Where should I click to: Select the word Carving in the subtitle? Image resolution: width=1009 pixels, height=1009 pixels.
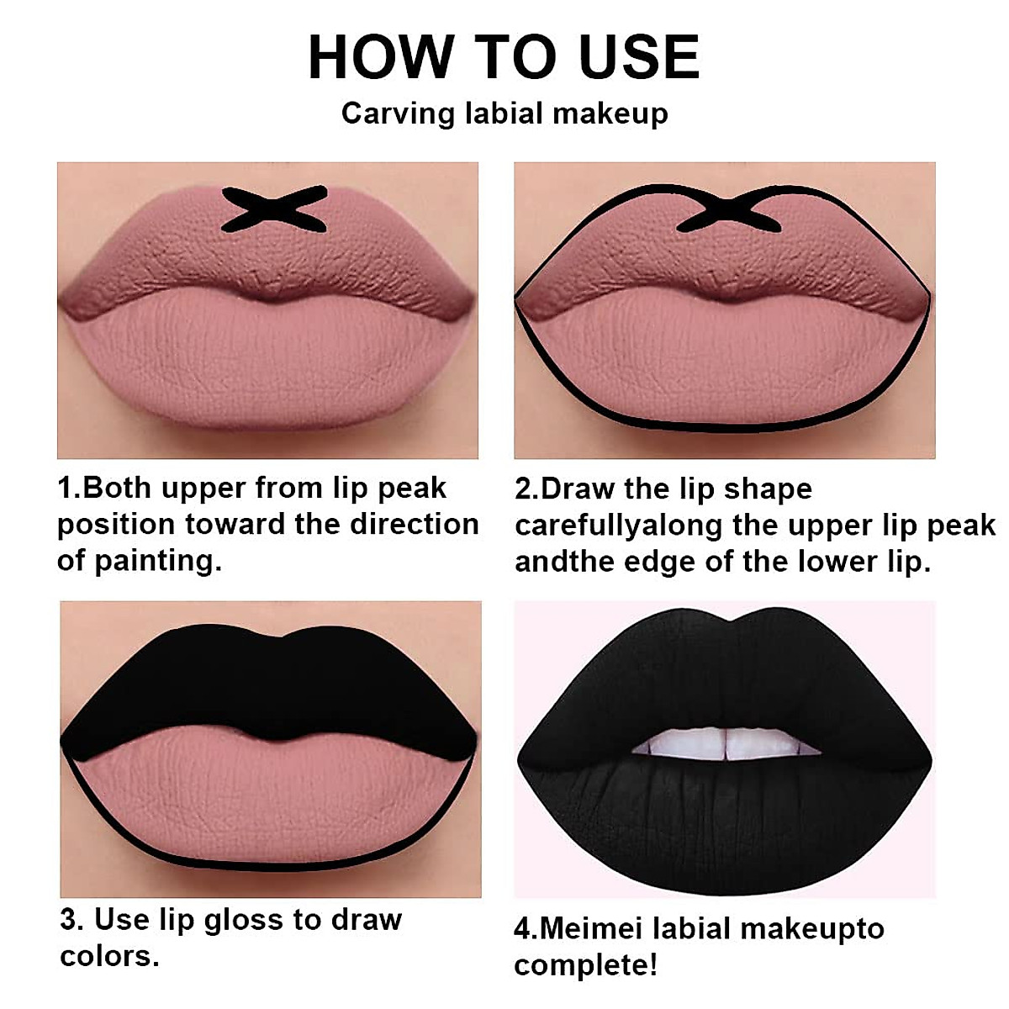click(398, 114)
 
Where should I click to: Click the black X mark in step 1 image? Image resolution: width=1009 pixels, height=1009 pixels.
click(274, 209)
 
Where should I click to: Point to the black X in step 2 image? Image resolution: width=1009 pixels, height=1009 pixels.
click(730, 209)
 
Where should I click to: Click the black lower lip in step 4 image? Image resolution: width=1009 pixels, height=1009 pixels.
click(723, 824)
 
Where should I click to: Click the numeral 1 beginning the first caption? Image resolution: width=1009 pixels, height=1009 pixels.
click(65, 488)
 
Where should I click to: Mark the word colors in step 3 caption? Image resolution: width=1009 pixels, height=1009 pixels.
click(109, 956)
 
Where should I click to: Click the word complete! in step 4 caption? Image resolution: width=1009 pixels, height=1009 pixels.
click(585, 964)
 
